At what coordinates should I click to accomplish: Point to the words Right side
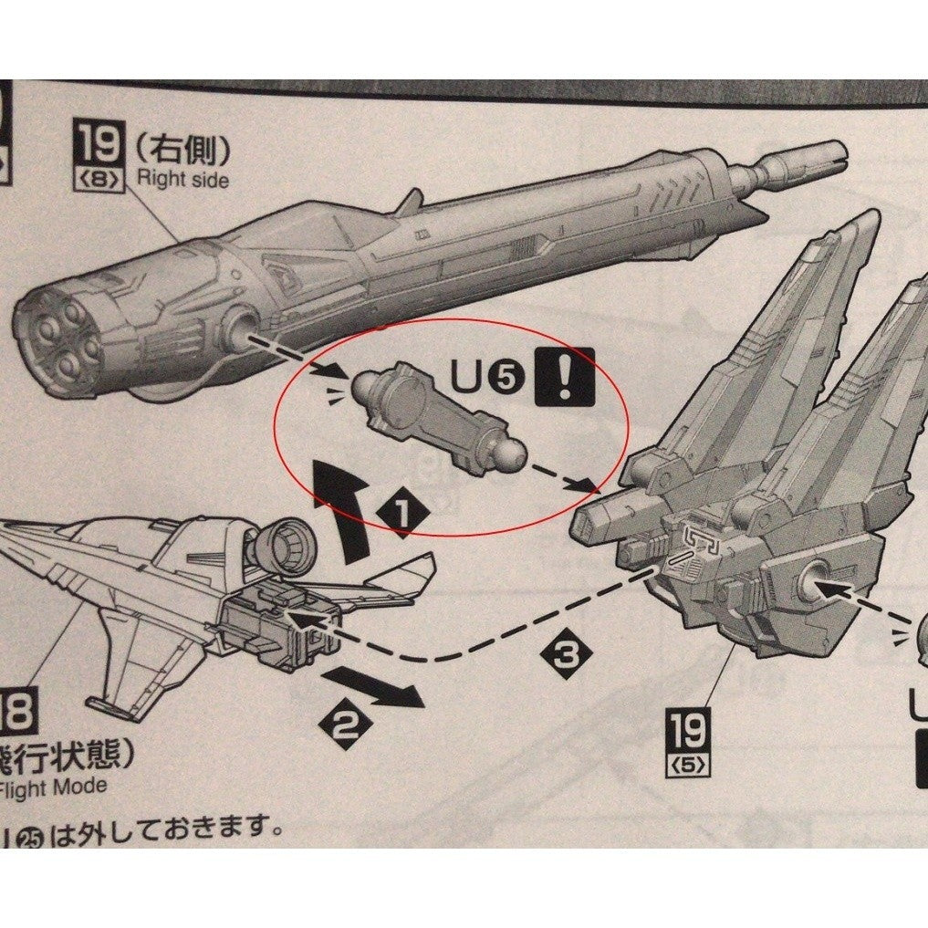[182, 178]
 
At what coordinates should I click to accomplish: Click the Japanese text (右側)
[182, 149]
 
